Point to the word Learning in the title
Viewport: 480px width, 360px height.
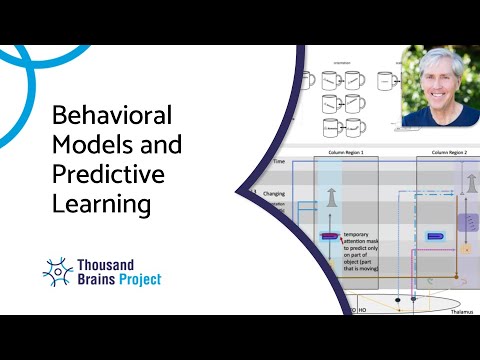pyautogui.click(x=99, y=206)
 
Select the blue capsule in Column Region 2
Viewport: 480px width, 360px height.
pyautogui.click(x=435, y=236)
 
